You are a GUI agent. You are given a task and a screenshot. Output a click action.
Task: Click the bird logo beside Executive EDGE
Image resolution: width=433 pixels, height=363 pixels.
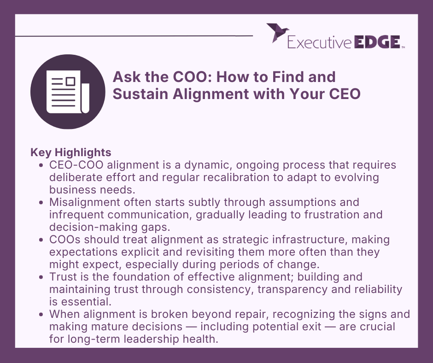point(277,33)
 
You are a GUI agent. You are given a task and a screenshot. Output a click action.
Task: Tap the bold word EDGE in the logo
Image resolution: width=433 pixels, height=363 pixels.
point(376,42)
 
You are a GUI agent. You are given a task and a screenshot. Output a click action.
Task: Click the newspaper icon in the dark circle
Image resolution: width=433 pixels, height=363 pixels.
point(68,94)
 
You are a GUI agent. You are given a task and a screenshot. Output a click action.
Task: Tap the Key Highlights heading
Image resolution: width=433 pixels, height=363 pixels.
point(70,152)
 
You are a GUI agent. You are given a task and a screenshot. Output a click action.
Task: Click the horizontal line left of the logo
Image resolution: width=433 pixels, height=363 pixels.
point(134,35)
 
